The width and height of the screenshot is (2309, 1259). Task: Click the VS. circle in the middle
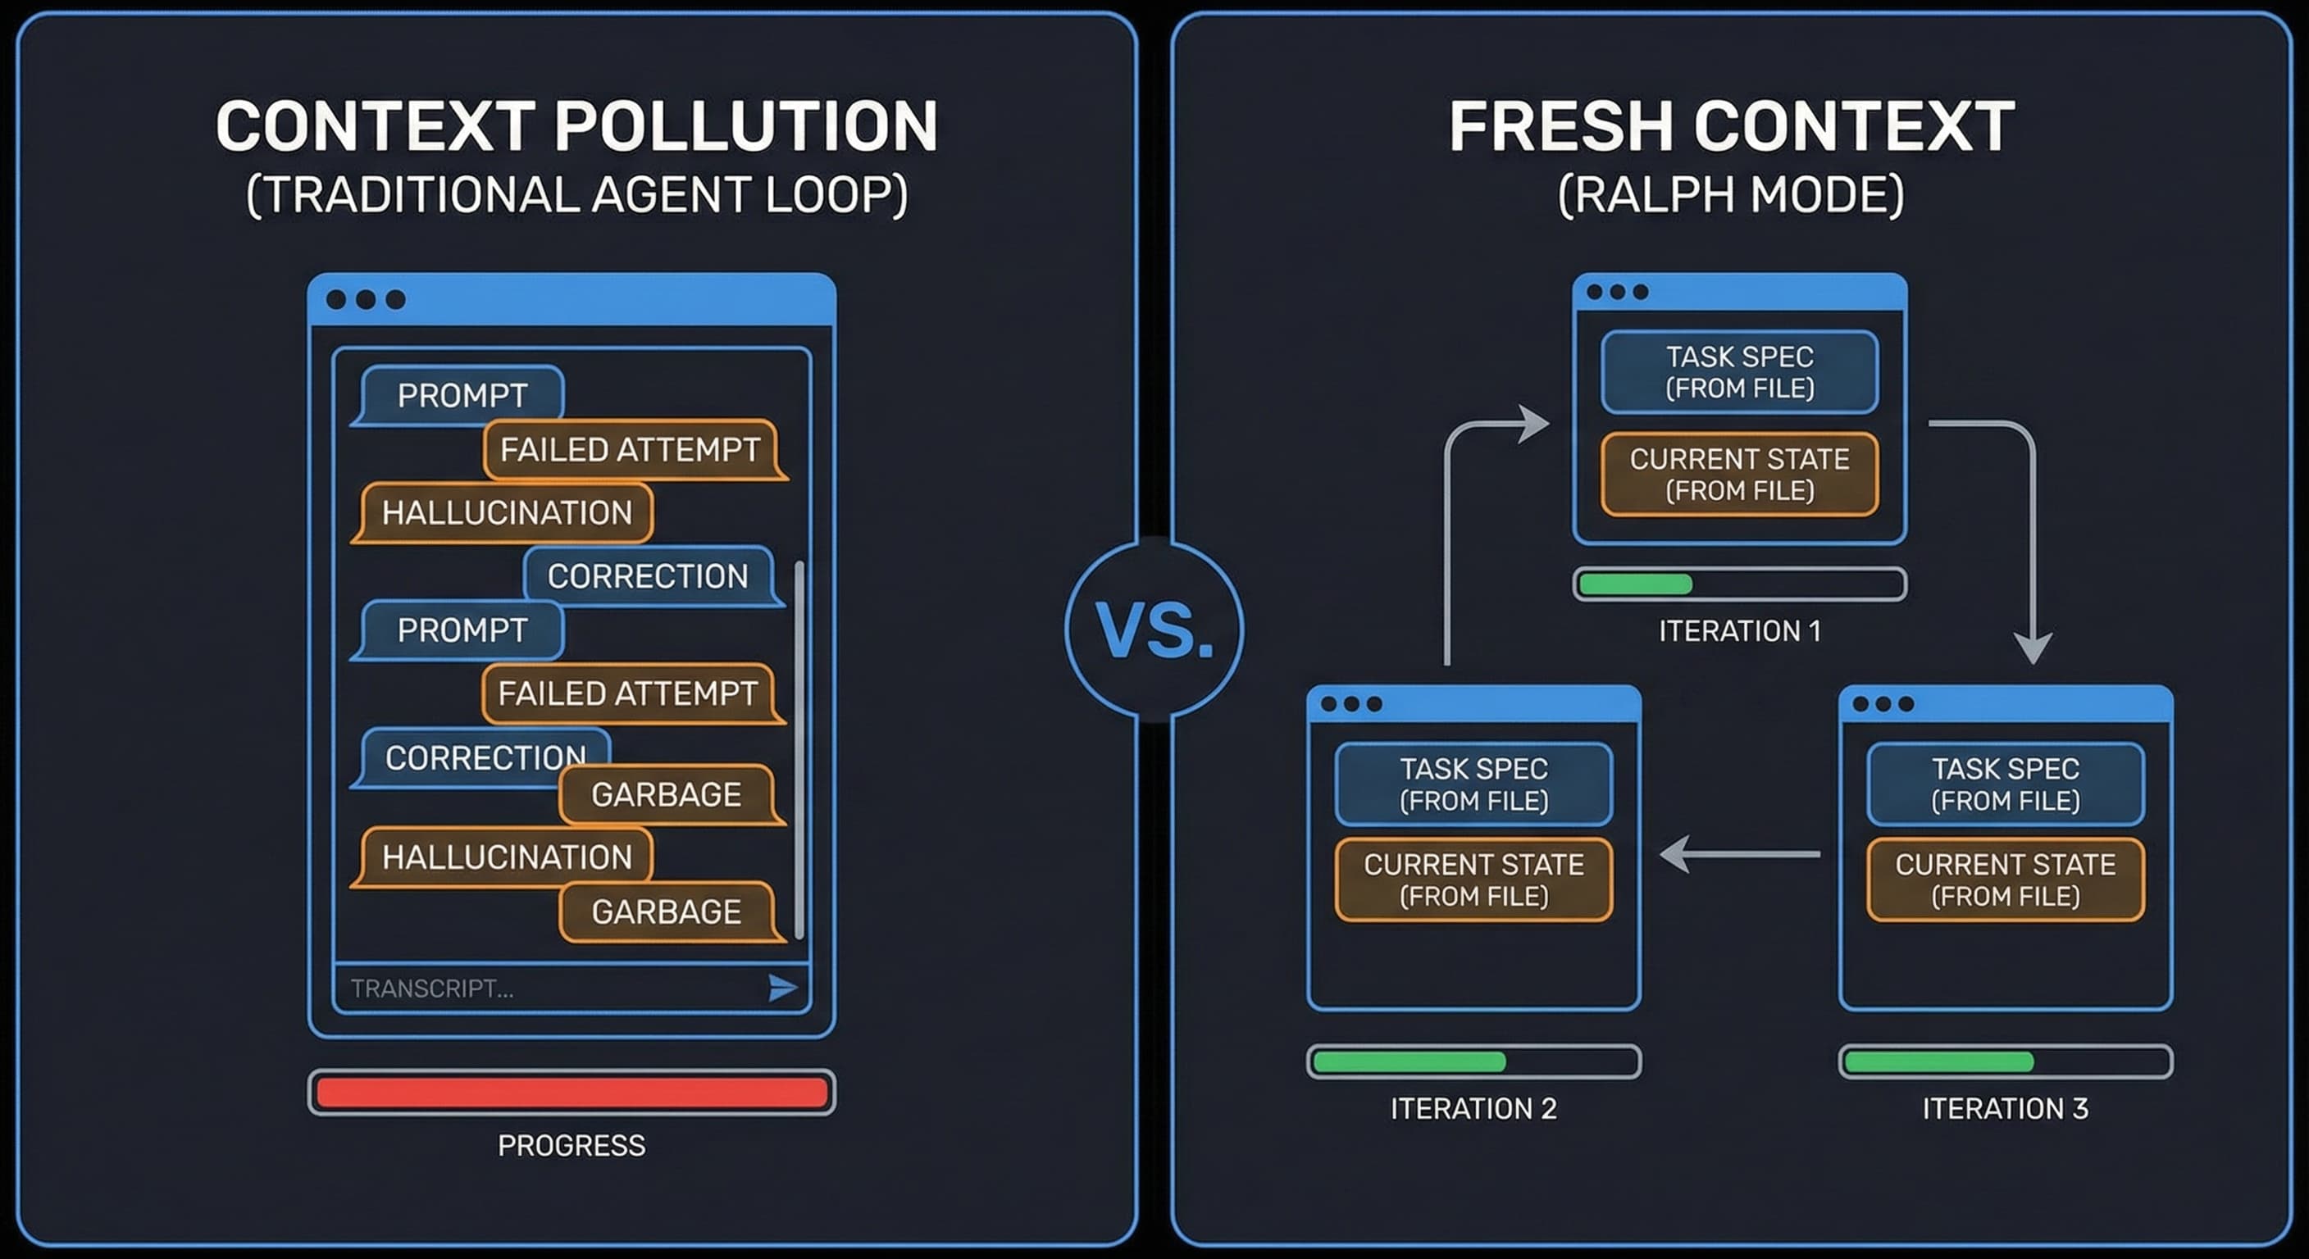click(x=1154, y=629)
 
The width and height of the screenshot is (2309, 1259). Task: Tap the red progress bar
click(x=572, y=1093)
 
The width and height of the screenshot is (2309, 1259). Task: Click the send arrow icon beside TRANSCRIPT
click(x=782, y=988)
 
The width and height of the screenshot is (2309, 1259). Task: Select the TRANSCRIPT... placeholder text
click(x=432, y=989)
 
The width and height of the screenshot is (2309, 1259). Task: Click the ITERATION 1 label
click(x=1739, y=632)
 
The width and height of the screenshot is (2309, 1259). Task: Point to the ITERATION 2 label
click(x=1473, y=1108)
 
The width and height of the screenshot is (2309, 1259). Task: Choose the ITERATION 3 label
click(x=2005, y=1108)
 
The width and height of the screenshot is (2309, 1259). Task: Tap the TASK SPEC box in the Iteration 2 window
click(x=1473, y=784)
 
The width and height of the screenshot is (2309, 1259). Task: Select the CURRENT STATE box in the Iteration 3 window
click(x=2005, y=880)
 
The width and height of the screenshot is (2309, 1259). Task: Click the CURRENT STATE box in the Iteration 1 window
click(x=1739, y=474)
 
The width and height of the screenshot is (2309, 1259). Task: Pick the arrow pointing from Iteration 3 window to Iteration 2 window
click(x=1739, y=854)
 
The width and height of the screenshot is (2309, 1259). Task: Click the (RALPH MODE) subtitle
click(x=1731, y=194)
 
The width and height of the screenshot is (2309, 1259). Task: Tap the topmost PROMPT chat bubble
click(x=462, y=394)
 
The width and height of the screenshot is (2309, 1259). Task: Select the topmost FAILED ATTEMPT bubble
click(x=630, y=449)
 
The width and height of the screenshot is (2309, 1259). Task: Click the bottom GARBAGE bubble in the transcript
click(x=666, y=911)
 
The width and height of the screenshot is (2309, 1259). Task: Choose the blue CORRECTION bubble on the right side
click(x=647, y=576)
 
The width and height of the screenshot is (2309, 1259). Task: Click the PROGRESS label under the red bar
click(x=572, y=1145)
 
